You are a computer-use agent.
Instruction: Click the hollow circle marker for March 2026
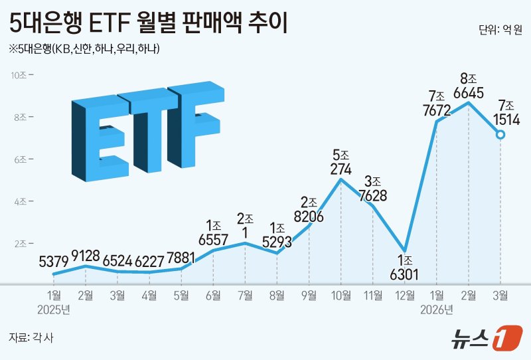pos(500,135)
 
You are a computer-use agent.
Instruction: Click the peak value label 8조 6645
pos(469,86)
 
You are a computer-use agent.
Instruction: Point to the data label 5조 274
pos(341,162)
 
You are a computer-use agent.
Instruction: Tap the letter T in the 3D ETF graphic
pos(143,126)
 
